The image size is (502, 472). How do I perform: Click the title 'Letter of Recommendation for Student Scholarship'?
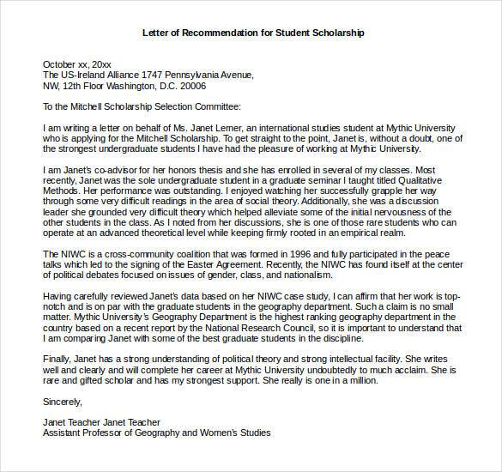(253, 33)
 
